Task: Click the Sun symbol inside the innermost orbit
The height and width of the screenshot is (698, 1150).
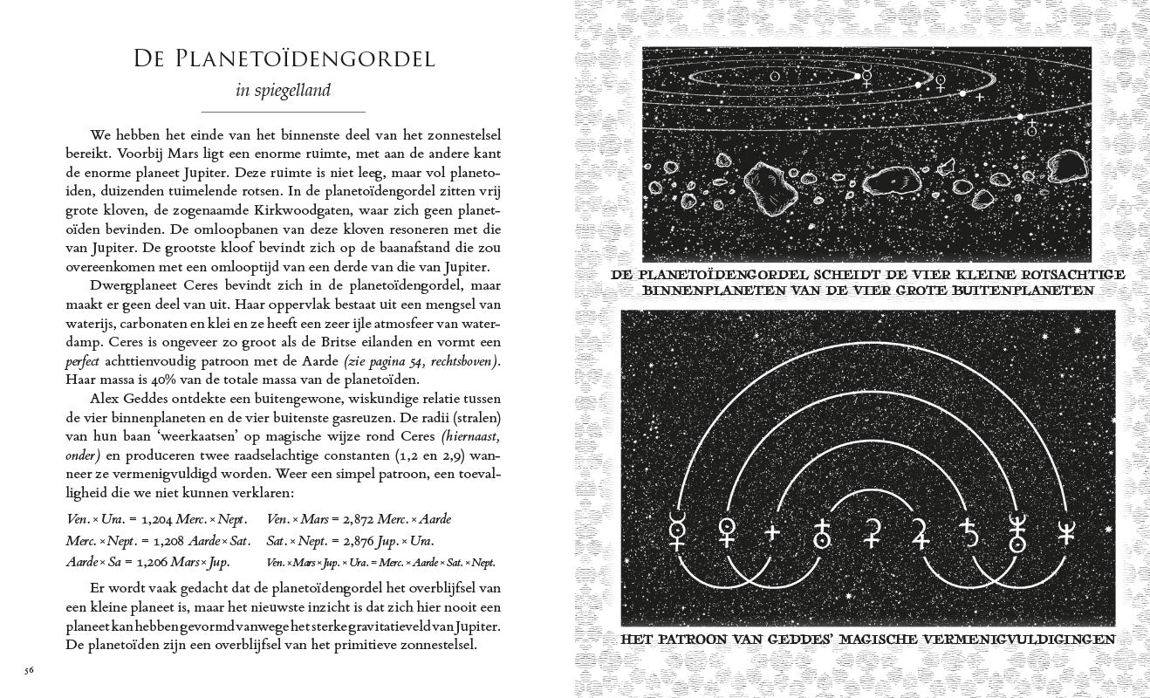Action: point(773,77)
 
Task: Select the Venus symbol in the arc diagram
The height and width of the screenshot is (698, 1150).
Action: point(725,531)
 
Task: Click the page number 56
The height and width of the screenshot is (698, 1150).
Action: point(29,670)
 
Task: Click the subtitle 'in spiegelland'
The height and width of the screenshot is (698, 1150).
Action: point(283,90)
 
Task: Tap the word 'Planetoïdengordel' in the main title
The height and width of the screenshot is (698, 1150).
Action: point(310,59)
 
